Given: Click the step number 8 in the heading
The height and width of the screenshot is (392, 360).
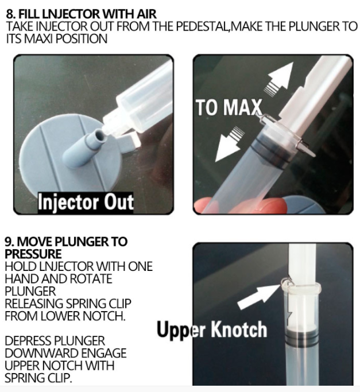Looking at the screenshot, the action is [x=10, y=14].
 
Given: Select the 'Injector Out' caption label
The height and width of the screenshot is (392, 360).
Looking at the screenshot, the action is [x=86, y=203].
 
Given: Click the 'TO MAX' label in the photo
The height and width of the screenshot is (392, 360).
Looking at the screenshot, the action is [x=229, y=107].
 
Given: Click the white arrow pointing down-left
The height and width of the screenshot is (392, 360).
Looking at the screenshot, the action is [x=228, y=145].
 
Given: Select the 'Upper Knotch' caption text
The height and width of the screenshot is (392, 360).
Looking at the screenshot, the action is [x=212, y=329].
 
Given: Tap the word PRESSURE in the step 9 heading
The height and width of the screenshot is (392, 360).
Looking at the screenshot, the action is [x=33, y=254].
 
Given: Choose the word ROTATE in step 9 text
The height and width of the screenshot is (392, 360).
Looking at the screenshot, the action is [x=91, y=279].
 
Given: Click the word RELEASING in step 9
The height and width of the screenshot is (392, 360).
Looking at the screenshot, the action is [x=34, y=304].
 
